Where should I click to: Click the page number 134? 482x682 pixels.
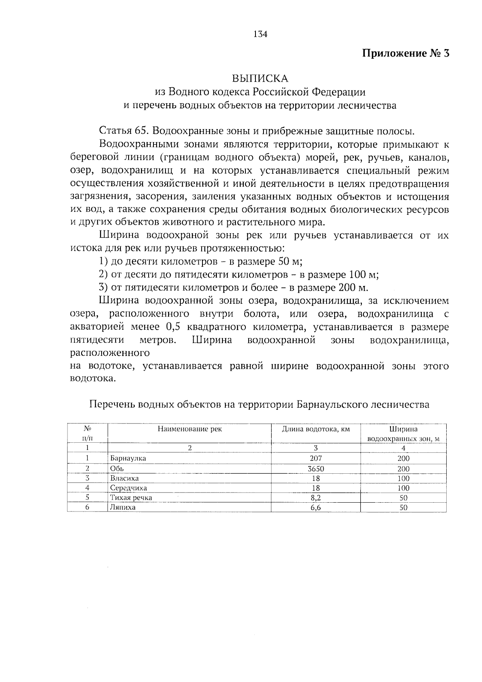[x=260, y=34]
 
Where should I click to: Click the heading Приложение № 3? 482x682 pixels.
[x=405, y=53]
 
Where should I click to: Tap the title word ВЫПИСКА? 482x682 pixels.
[x=260, y=78]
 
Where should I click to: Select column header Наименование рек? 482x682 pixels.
[x=190, y=429]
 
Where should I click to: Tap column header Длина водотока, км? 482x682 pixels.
[x=316, y=429]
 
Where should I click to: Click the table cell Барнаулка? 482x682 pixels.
[x=129, y=458]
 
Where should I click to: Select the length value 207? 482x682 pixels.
[x=316, y=458]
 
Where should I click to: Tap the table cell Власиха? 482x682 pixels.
[x=125, y=479]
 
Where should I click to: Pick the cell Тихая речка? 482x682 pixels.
[x=131, y=498]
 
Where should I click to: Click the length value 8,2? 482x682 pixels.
[x=316, y=498]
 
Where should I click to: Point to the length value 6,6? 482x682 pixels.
[x=316, y=507]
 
